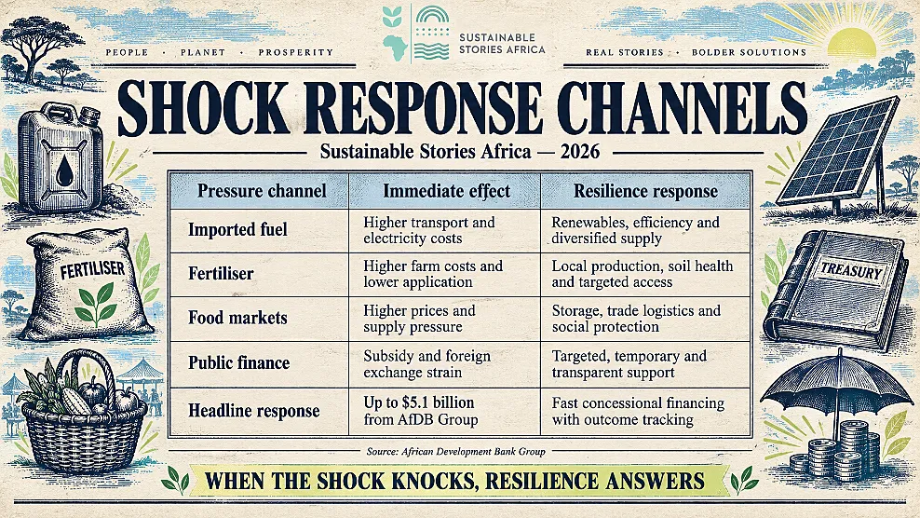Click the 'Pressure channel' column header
(x=262, y=191)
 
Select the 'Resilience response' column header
(x=645, y=191)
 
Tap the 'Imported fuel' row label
(x=237, y=229)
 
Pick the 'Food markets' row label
(x=237, y=318)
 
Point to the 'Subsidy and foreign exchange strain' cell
(x=427, y=364)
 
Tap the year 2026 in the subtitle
(x=580, y=152)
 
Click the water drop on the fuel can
(x=64, y=170)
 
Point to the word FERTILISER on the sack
(x=93, y=270)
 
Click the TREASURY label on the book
(x=851, y=271)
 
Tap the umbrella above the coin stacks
(x=839, y=388)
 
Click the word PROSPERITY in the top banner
(x=296, y=52)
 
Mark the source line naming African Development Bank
(x=456, y=452)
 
